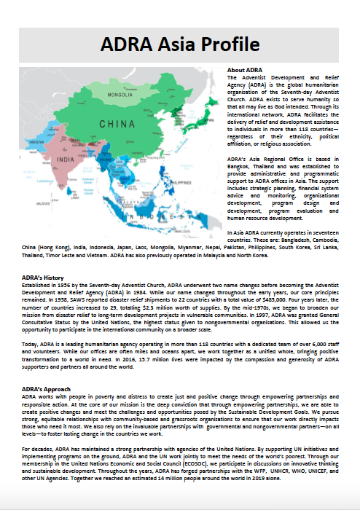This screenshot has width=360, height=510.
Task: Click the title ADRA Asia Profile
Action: tap(179, 44)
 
